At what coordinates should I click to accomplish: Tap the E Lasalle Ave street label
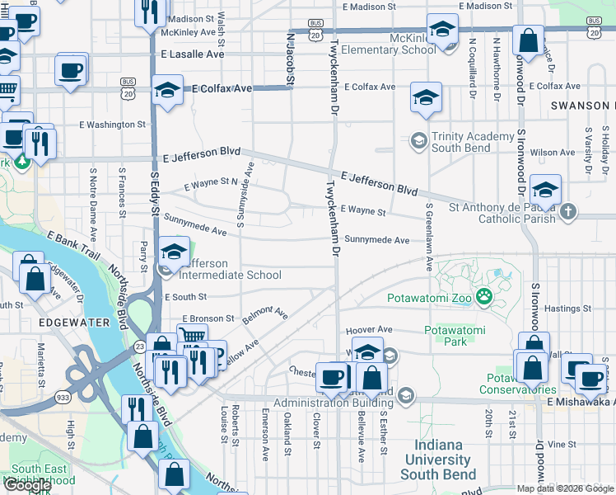click(x=192, y=54)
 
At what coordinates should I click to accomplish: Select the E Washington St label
click(x=112, y=125)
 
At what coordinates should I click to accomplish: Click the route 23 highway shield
click(x=141, y=346)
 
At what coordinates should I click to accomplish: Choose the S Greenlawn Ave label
click(x=429, y=236)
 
